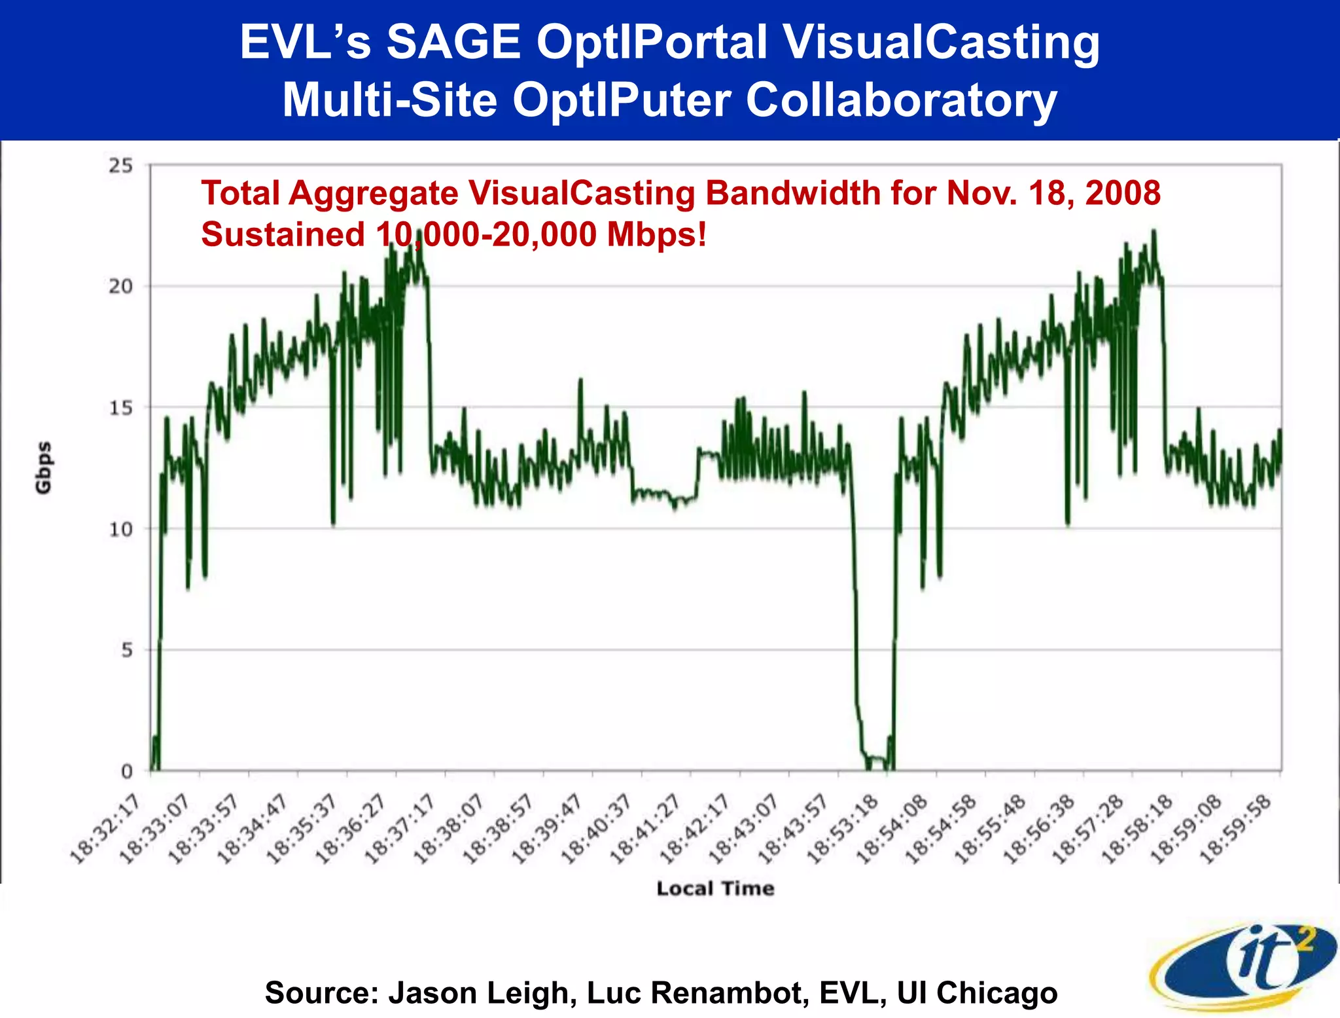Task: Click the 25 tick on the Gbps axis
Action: point(120,166)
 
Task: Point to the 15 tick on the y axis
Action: point(120,408)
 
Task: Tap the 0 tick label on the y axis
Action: point(127,771)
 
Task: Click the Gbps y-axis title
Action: point(43,467)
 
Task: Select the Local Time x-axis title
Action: point(715,888)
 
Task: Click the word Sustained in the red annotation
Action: point(283,234)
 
